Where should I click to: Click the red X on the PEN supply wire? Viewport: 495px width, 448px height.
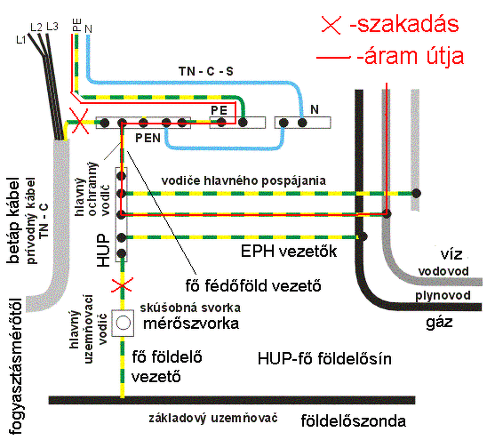(78, 123)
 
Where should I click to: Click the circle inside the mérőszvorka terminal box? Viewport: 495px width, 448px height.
(123, 323)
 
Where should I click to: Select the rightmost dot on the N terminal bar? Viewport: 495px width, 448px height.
(302, 123)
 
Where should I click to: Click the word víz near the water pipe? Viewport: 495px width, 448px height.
(451, 255)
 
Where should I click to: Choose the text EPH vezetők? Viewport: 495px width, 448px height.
(289, 252)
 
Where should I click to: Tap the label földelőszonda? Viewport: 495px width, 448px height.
(354, 422)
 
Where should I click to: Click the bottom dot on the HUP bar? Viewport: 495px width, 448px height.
(122, 253)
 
